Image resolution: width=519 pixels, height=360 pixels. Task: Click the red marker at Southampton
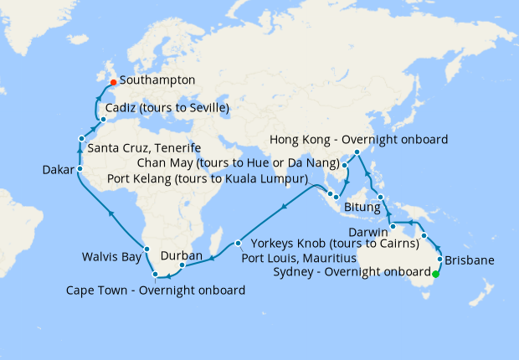pyautogui.click(x=113, y=82)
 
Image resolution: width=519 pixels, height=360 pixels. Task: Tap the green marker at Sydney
pyautogui.click(x=435, y=272)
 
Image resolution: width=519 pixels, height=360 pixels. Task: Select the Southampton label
pyautogui.click(x=157, y=81)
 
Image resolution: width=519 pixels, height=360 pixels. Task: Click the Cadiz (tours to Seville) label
pyautogui.click(x=167, y=109)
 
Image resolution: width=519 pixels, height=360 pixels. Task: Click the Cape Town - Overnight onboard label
pyautogui.click(x=156, y=291)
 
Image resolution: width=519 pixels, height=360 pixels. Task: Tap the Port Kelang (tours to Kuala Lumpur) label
pyautogui.click(x=208, y=178)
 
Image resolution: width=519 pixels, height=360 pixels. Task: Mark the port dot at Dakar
pyautogui.click(x=80, y=169)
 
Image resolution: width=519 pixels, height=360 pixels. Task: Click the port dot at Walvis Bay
pyautogui.click(x=146, y=248)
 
